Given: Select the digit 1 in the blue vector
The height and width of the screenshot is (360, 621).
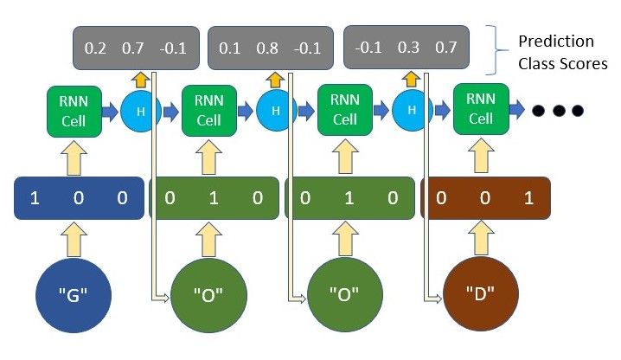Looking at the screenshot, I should (x=35, y=198).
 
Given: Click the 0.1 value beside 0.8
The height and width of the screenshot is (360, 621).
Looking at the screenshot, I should (x=230, y=48).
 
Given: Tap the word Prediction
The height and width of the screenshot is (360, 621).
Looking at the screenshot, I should (x=555, y=41).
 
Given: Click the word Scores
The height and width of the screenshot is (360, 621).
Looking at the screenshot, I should (x=584, y=63).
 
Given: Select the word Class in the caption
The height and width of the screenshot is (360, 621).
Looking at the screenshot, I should (x=540, y=63).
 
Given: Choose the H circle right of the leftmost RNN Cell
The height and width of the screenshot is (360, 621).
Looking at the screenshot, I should (x=138, y=111).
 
